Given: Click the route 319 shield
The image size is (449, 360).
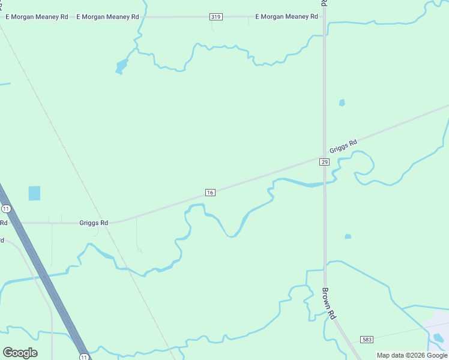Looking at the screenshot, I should (x=216, y=17).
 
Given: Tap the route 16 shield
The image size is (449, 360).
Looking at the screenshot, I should (x=209, y=192).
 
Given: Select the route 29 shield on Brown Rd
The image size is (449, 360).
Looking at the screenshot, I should (x=324, y=162).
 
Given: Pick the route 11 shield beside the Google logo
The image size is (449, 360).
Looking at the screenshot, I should (x=84, y=356).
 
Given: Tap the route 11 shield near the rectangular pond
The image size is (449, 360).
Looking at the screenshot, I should (x=6, y=209).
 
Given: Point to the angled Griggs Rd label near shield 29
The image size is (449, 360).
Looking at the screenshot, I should (x=343, y=146).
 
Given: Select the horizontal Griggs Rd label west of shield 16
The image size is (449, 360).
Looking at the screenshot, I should (x=94, y=223).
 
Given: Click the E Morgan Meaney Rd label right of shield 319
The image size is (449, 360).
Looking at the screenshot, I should (x=286, y=17).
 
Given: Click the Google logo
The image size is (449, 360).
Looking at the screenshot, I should (x=20, y=353).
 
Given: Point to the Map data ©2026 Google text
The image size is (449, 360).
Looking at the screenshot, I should (x=412, y=355).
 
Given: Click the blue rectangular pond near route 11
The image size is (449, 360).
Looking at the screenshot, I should (x=34, y=193).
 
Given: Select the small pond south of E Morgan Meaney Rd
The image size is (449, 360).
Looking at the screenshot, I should (x=121, y=66).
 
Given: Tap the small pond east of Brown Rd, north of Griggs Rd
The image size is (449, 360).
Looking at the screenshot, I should (x=342, y=103).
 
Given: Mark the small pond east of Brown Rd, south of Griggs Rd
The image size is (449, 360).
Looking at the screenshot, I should (x=348, y=236).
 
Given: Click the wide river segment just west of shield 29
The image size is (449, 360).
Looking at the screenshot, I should (x=300, y=182).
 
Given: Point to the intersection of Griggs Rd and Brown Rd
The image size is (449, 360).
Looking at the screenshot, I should (x=325, y=157).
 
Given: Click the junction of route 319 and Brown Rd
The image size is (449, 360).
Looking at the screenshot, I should (x=324, y=17).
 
